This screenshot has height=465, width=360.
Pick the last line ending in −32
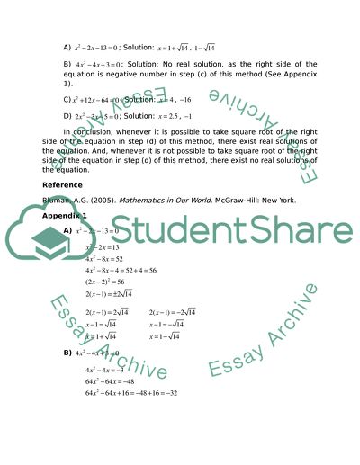pos(130,393)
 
